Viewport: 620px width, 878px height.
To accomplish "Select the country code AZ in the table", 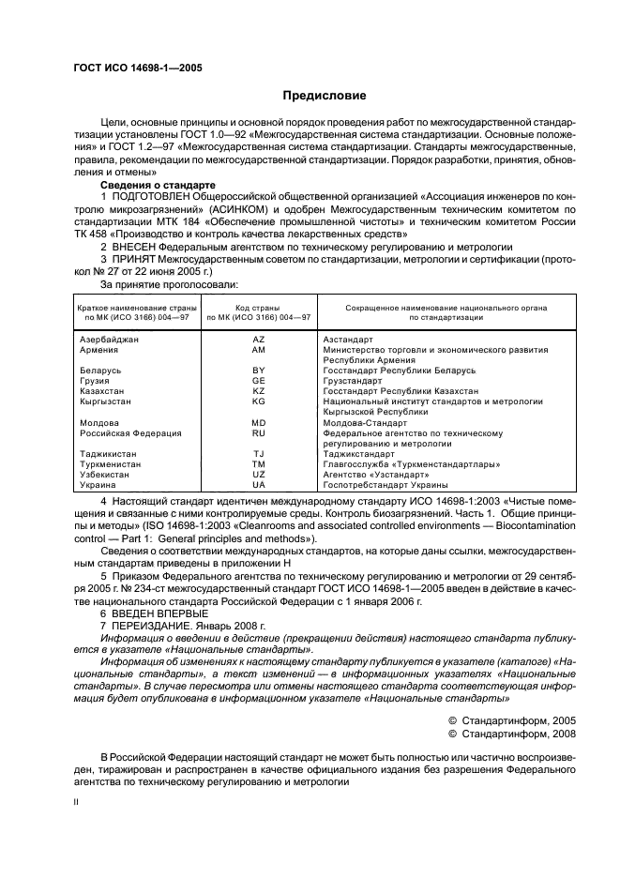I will click(x=259, y=339).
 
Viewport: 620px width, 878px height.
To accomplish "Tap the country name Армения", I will click(x=98, y=349).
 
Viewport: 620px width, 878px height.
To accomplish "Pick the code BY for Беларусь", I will click(x=259, y=371).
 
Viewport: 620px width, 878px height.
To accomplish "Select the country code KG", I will click(x=259, y=401).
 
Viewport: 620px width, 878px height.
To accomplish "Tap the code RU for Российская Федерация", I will click(x=259, y=433).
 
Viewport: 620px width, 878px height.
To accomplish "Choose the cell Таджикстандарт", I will click(x=359, y=454).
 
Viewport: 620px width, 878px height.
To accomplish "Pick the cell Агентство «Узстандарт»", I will click(x=372, y=475).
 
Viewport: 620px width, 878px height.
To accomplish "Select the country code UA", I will click(x=259, y=485).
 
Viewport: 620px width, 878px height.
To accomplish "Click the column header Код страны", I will click(x=259, y=309).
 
